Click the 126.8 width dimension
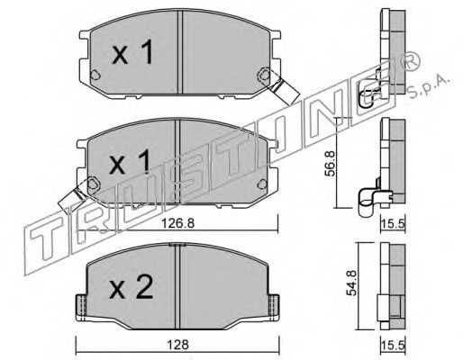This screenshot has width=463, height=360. (177, 223)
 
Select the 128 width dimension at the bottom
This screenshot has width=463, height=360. (178, 345)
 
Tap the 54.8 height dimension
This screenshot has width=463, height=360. (351, 283)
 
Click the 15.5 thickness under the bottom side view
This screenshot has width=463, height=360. (394, 346)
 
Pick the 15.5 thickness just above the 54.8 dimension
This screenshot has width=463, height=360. (394, 223)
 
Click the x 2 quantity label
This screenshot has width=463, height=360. (132, 287)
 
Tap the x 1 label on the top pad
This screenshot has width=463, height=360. (132, 52)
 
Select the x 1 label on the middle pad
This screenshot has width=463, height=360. (130, 163)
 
